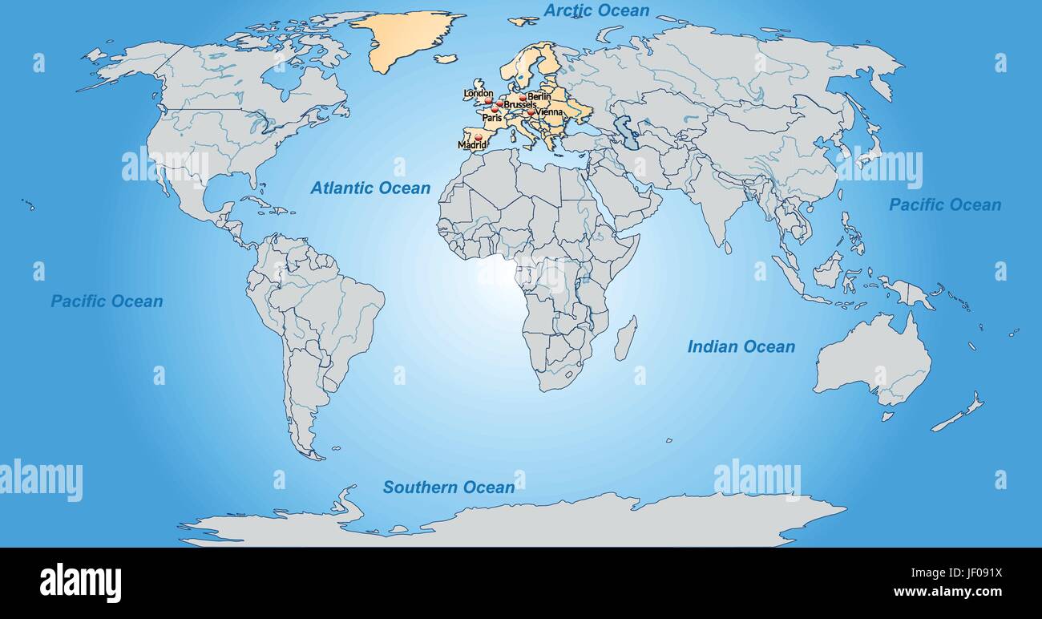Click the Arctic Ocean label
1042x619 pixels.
(x=596, y=10)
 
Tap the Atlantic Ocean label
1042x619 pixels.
(x=370, y=188)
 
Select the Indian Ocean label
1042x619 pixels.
(x=741, y=346)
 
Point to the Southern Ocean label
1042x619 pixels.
(x=448, y=487)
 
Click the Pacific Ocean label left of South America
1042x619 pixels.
(x=107, y=301)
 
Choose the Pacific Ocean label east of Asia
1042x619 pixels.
(x=944, y=204)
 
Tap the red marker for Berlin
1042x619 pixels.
(x=523, y=97)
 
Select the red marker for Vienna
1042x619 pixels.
(x=531, y=112)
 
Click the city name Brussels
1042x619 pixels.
(x=519, y=105)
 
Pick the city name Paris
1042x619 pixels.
(x=491, y=118)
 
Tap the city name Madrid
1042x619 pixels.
(x=471, y=145)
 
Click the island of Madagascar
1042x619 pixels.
(x=625, y=338)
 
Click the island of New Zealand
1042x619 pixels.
(x=958, y=415)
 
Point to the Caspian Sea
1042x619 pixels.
(x=627, y=132)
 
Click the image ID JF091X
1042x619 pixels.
(x=975, y=574)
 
